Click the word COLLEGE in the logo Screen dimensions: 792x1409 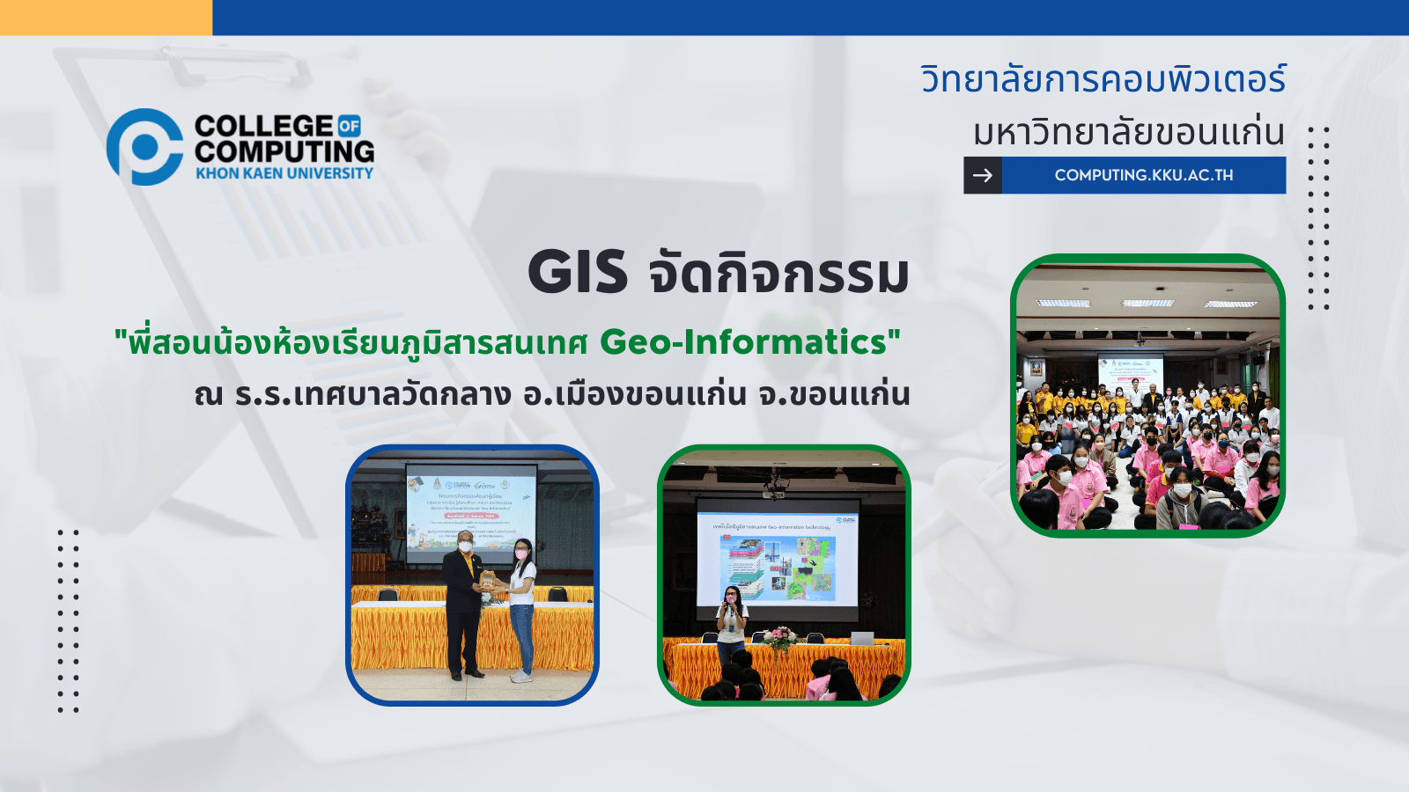tap(263, 126)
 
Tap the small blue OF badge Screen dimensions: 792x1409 tap(350, 126)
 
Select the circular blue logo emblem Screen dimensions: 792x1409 tap(144, 147)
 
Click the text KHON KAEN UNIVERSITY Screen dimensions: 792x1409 tap(284, 173)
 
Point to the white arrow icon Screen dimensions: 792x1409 tap(983, 175)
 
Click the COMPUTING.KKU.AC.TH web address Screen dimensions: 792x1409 tap(1143, 175)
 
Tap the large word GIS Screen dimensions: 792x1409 tap(578, 272)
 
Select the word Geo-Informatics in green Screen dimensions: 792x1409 tap(743, 342)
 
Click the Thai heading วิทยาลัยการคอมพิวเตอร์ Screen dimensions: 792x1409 tap(1103, 79)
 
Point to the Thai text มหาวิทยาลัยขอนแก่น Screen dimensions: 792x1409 tap(1128, 132)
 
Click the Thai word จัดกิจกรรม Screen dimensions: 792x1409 tap(778, 274)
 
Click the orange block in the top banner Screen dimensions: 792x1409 tap(106, 18)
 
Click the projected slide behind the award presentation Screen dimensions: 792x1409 tap(470, 510)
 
